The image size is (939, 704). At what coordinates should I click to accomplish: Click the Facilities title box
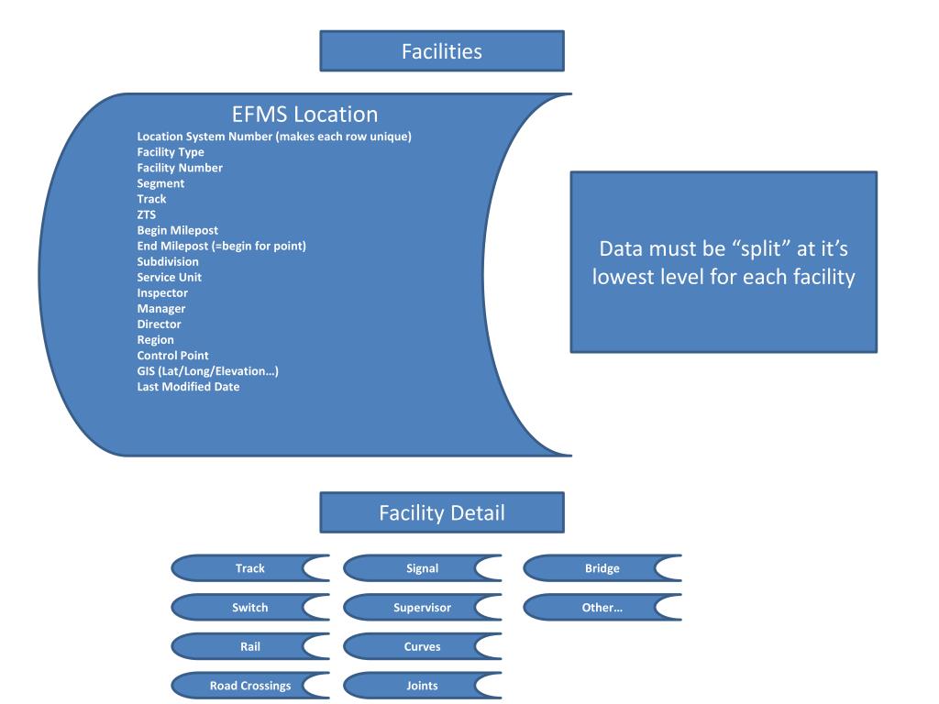[x=441, y=51]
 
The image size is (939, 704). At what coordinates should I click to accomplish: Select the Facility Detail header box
[x=441, y=512]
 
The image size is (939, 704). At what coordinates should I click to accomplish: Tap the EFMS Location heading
[x=304, y=115]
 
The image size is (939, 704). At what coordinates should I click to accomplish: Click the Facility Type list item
[x=171, y=152]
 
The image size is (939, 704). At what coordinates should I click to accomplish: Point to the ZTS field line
[x=147, y=214]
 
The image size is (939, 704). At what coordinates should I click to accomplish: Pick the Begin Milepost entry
[x=177, y=230]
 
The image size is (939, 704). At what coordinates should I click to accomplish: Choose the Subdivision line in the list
[x=168, y=261]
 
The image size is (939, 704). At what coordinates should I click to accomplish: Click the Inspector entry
[x=162, y=292]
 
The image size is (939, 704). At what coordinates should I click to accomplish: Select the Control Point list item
[x=172, y=355]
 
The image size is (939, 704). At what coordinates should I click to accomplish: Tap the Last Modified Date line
[x=188, y=386]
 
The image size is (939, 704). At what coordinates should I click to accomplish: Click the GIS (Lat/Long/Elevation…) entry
[x=207, y=370]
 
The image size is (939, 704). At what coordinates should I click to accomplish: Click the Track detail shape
[x=249, y=568]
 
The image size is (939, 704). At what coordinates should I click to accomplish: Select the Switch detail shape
[x=249, y=607]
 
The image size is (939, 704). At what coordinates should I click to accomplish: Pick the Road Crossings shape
[x=249, y=686]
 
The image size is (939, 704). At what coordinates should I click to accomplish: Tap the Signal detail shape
[x=421, y=568]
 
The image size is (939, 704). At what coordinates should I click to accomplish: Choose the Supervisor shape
[x=421, y=607]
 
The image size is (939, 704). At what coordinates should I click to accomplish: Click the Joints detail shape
[x=421, y=686]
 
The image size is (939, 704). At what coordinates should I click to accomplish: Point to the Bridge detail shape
[x=601, y=568]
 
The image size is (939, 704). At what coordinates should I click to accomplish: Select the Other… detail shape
[x=601, y=607]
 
